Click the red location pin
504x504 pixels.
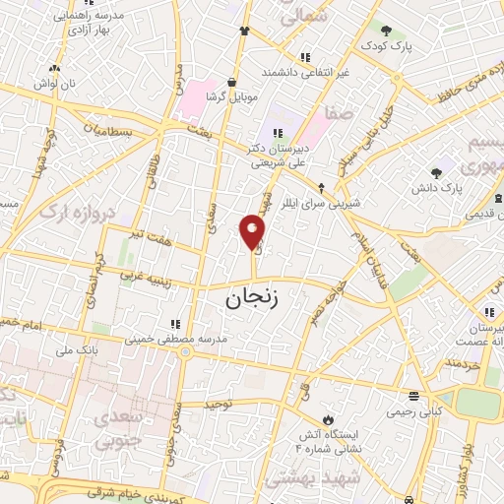click(253, 231)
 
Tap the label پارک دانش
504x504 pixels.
click(438, 186)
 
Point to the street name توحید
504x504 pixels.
click(219, 404)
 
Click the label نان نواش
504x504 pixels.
click(53, 86)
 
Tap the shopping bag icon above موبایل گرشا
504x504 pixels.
click(231, 83)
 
